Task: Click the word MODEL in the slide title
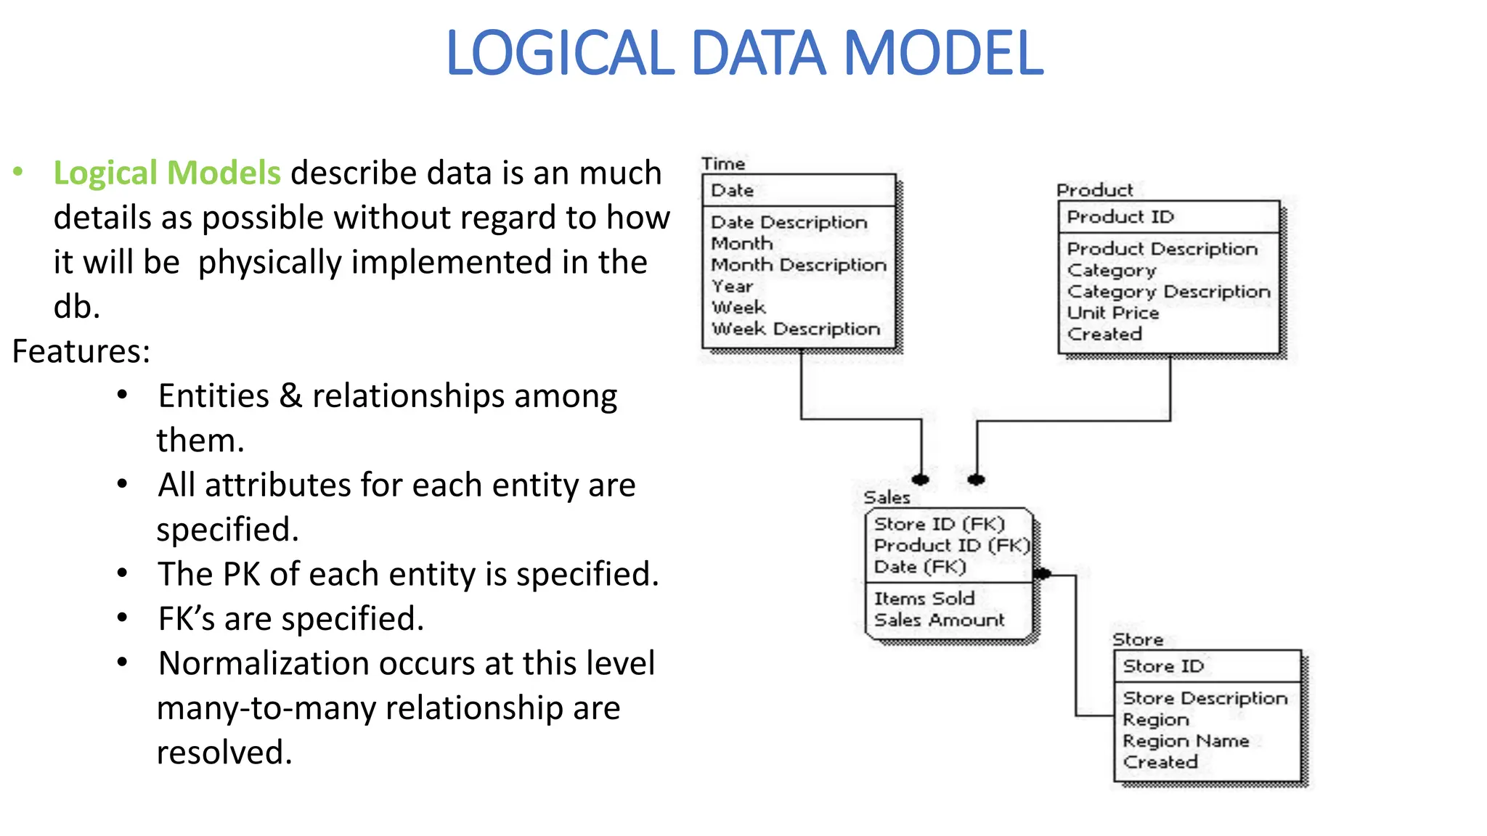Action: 943,54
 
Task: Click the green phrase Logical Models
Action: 167,173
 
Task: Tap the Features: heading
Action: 81,352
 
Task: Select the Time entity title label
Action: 723,163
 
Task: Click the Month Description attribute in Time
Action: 799,265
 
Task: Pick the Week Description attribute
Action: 796,329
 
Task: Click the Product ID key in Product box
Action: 1120,217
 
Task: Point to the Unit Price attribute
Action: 1113,313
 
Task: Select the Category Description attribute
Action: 1169,292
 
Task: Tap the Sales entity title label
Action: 887,497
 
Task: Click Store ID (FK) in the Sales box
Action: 940,524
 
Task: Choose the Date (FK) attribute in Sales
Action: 920,567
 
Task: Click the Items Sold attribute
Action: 924,599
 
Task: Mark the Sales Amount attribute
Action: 940,620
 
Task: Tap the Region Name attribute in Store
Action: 1186,741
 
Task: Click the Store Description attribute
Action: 1205,698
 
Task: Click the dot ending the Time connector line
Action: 921,480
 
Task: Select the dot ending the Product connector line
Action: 977,480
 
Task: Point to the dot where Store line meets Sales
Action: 1043,574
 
